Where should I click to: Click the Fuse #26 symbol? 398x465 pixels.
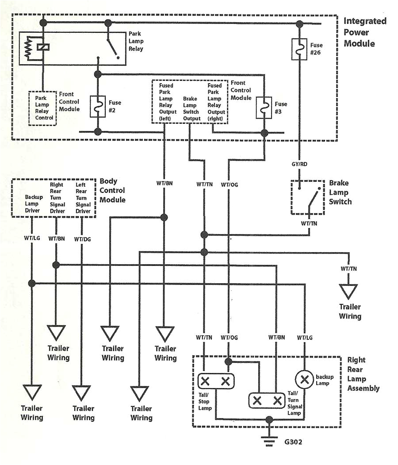click(300, 49)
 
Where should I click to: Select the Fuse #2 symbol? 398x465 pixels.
click(98, 106)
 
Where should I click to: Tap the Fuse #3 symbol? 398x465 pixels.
click(264, 108)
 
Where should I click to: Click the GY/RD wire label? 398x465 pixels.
click(299, 164)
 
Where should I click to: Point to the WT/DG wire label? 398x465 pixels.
click(82, 239)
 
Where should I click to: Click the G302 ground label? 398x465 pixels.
click(294, 442)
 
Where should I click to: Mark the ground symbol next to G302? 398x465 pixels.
click(268, 441)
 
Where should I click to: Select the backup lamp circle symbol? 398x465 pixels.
click(304, 379)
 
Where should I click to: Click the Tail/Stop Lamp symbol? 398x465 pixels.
click(215, 381)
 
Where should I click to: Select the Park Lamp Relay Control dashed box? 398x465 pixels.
click(43, 108)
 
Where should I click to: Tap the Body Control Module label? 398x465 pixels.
click(112, 190)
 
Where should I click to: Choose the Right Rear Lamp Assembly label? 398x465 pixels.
click(363, 374)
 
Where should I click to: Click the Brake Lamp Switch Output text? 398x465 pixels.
click(191, 109)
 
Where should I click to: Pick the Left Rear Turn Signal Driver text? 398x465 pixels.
click(82, 198)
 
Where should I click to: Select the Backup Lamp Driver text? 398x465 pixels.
click(32, 204)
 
